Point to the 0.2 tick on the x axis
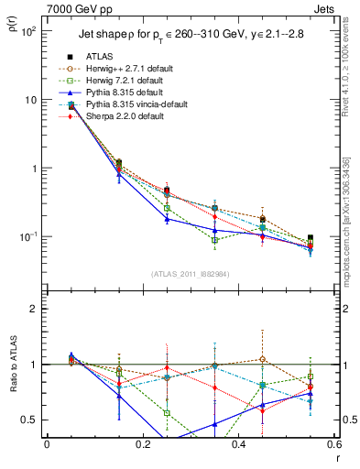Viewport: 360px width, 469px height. pos(142,444)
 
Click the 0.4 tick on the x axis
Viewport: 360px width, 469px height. pos(238,444)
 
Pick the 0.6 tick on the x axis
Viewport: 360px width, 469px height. pos(333,444)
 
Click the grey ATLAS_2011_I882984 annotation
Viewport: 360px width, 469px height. pos(190,274)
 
